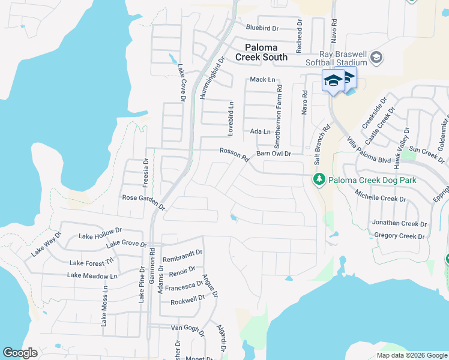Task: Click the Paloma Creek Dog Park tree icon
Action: pos(319,179)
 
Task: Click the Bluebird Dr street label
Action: pos(263,28)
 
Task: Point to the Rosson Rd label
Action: pos(234,155)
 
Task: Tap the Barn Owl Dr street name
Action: pos(274,154)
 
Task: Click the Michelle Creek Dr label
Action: pos(381,194)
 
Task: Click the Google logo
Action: pos(20,353)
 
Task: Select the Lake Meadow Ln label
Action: pos(92,275)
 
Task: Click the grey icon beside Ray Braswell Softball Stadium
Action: pos(376,58)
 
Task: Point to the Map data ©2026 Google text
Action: pos(411,355)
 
